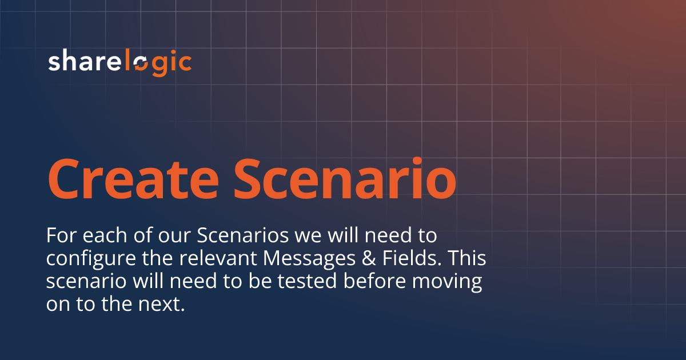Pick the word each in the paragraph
101,235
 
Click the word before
377,282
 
